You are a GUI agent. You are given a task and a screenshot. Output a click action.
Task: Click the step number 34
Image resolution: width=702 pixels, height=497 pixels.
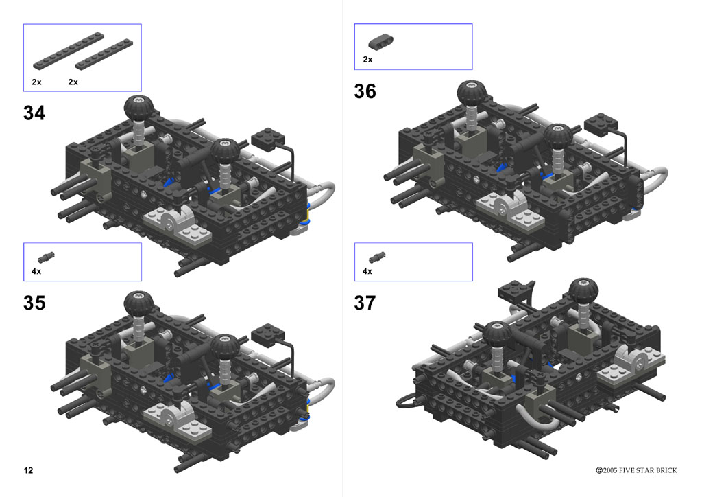(34, 113)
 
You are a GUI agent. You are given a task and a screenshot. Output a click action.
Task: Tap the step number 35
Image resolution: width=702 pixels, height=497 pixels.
(34, 303)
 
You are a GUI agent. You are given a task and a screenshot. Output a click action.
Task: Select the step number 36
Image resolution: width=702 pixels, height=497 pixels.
(365, 91)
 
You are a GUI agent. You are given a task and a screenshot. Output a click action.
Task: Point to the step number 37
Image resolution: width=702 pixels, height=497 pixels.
(365, 303)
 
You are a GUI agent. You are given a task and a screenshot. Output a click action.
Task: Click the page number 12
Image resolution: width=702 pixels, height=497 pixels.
(28, 470)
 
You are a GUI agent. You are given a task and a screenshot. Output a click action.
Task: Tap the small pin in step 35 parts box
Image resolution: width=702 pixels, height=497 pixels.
(46, 257)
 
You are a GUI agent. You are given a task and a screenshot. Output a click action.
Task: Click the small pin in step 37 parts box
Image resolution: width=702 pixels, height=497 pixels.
(377, 257)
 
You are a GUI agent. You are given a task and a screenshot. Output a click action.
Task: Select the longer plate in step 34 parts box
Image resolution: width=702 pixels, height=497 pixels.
(69, 51)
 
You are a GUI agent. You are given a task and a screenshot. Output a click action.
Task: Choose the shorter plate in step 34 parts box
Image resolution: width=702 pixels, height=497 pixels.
(104, 55)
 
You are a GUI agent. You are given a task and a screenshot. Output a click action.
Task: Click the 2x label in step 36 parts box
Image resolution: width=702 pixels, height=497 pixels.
(367, 60)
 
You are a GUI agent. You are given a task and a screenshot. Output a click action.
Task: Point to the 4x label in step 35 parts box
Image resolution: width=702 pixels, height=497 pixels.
(36, 271)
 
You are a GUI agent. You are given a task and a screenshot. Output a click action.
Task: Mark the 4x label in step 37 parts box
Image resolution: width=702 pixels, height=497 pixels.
(367, 271)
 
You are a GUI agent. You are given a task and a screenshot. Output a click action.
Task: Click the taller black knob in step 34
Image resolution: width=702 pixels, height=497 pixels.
(138, 108)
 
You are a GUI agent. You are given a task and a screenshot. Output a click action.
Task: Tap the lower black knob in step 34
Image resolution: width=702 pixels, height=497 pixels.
(225, 150)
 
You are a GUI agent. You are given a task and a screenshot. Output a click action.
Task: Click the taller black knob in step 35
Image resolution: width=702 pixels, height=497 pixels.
(138, 303)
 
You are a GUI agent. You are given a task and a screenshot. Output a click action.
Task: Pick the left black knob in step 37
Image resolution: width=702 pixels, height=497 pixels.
(497, 334)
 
